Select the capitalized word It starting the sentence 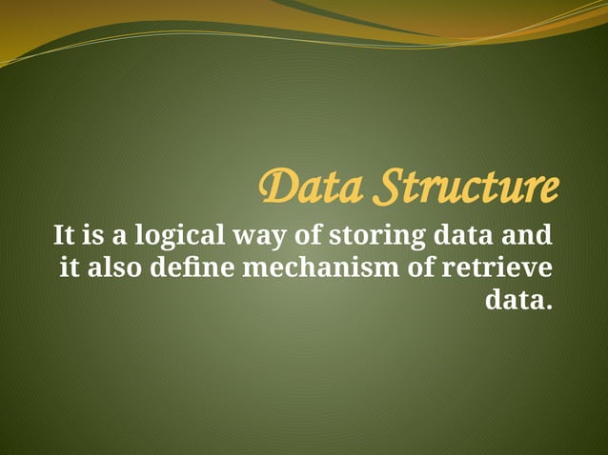(x=64, y=234)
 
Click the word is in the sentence (x=93, y=234)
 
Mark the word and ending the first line (x=528, y=234)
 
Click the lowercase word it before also (x=70, y=268)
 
